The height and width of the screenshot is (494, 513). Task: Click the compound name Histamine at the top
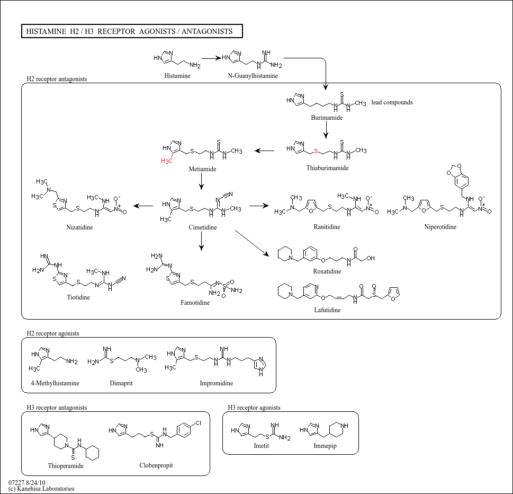[x=177, y=76]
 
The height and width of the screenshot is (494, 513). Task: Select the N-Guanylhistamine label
[x=253, y=76]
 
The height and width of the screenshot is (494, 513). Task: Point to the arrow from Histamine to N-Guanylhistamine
[x=210, y=58]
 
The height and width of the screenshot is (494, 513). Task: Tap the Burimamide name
[x=327, y=118]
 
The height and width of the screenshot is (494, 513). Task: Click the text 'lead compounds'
[x=392, y=102]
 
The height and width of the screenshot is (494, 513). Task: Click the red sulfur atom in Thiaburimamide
[x=316, y=152]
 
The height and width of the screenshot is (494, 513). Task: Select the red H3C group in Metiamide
[x=167, y=160]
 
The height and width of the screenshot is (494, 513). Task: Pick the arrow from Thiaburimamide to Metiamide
[x=264, y=151]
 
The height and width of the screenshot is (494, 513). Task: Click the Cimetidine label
[x=202, y=227]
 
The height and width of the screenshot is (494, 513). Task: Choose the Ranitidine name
[x=327, y=227]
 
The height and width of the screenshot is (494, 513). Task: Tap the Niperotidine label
[x=440, y=227]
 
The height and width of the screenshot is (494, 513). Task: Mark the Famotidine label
[x=195, y=303]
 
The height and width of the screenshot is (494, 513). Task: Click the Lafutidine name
[x=327, y=310]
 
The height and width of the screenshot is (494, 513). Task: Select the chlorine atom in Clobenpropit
[x=198, y=424]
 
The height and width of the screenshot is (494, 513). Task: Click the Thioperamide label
[x=66, y=466]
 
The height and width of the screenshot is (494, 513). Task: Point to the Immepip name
[x=325, y=446]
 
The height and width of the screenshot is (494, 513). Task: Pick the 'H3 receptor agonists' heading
[x=254, y=408]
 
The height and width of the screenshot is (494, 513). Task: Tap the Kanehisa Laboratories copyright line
[x=41, y=489]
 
